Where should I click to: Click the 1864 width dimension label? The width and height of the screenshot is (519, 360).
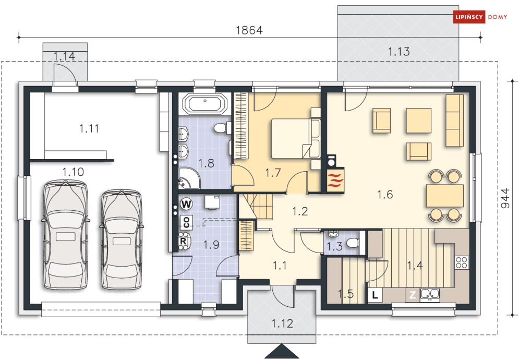[x=249, y=30]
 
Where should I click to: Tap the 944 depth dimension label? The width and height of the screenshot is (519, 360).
[x=505, y=198]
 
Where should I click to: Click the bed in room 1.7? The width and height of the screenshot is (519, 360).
[x=296, y=138]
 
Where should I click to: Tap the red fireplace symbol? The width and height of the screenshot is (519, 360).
[x=335, y=180]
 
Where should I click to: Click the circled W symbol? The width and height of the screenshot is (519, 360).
[x=186, y=203]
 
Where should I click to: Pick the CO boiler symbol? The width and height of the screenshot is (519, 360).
[x=186, y=222]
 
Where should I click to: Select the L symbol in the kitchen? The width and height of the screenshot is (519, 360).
[x=375, y=295]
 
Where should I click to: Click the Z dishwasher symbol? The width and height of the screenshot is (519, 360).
[x=413, y=295]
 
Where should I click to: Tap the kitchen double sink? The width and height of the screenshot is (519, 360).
[x=430, y=295]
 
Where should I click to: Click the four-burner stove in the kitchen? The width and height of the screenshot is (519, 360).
[x=462, y=262]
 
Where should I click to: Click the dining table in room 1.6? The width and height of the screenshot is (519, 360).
[x=444, y=196]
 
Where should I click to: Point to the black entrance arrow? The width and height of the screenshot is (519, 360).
[x=282, y=351]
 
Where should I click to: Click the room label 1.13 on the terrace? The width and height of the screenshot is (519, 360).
[x=399, y=52]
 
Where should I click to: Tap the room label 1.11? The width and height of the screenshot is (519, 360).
[x=89, y=128]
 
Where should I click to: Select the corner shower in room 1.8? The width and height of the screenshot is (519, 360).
[x=189, y=178]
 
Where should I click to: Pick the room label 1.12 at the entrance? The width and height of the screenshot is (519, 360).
[x=282, y=323]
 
